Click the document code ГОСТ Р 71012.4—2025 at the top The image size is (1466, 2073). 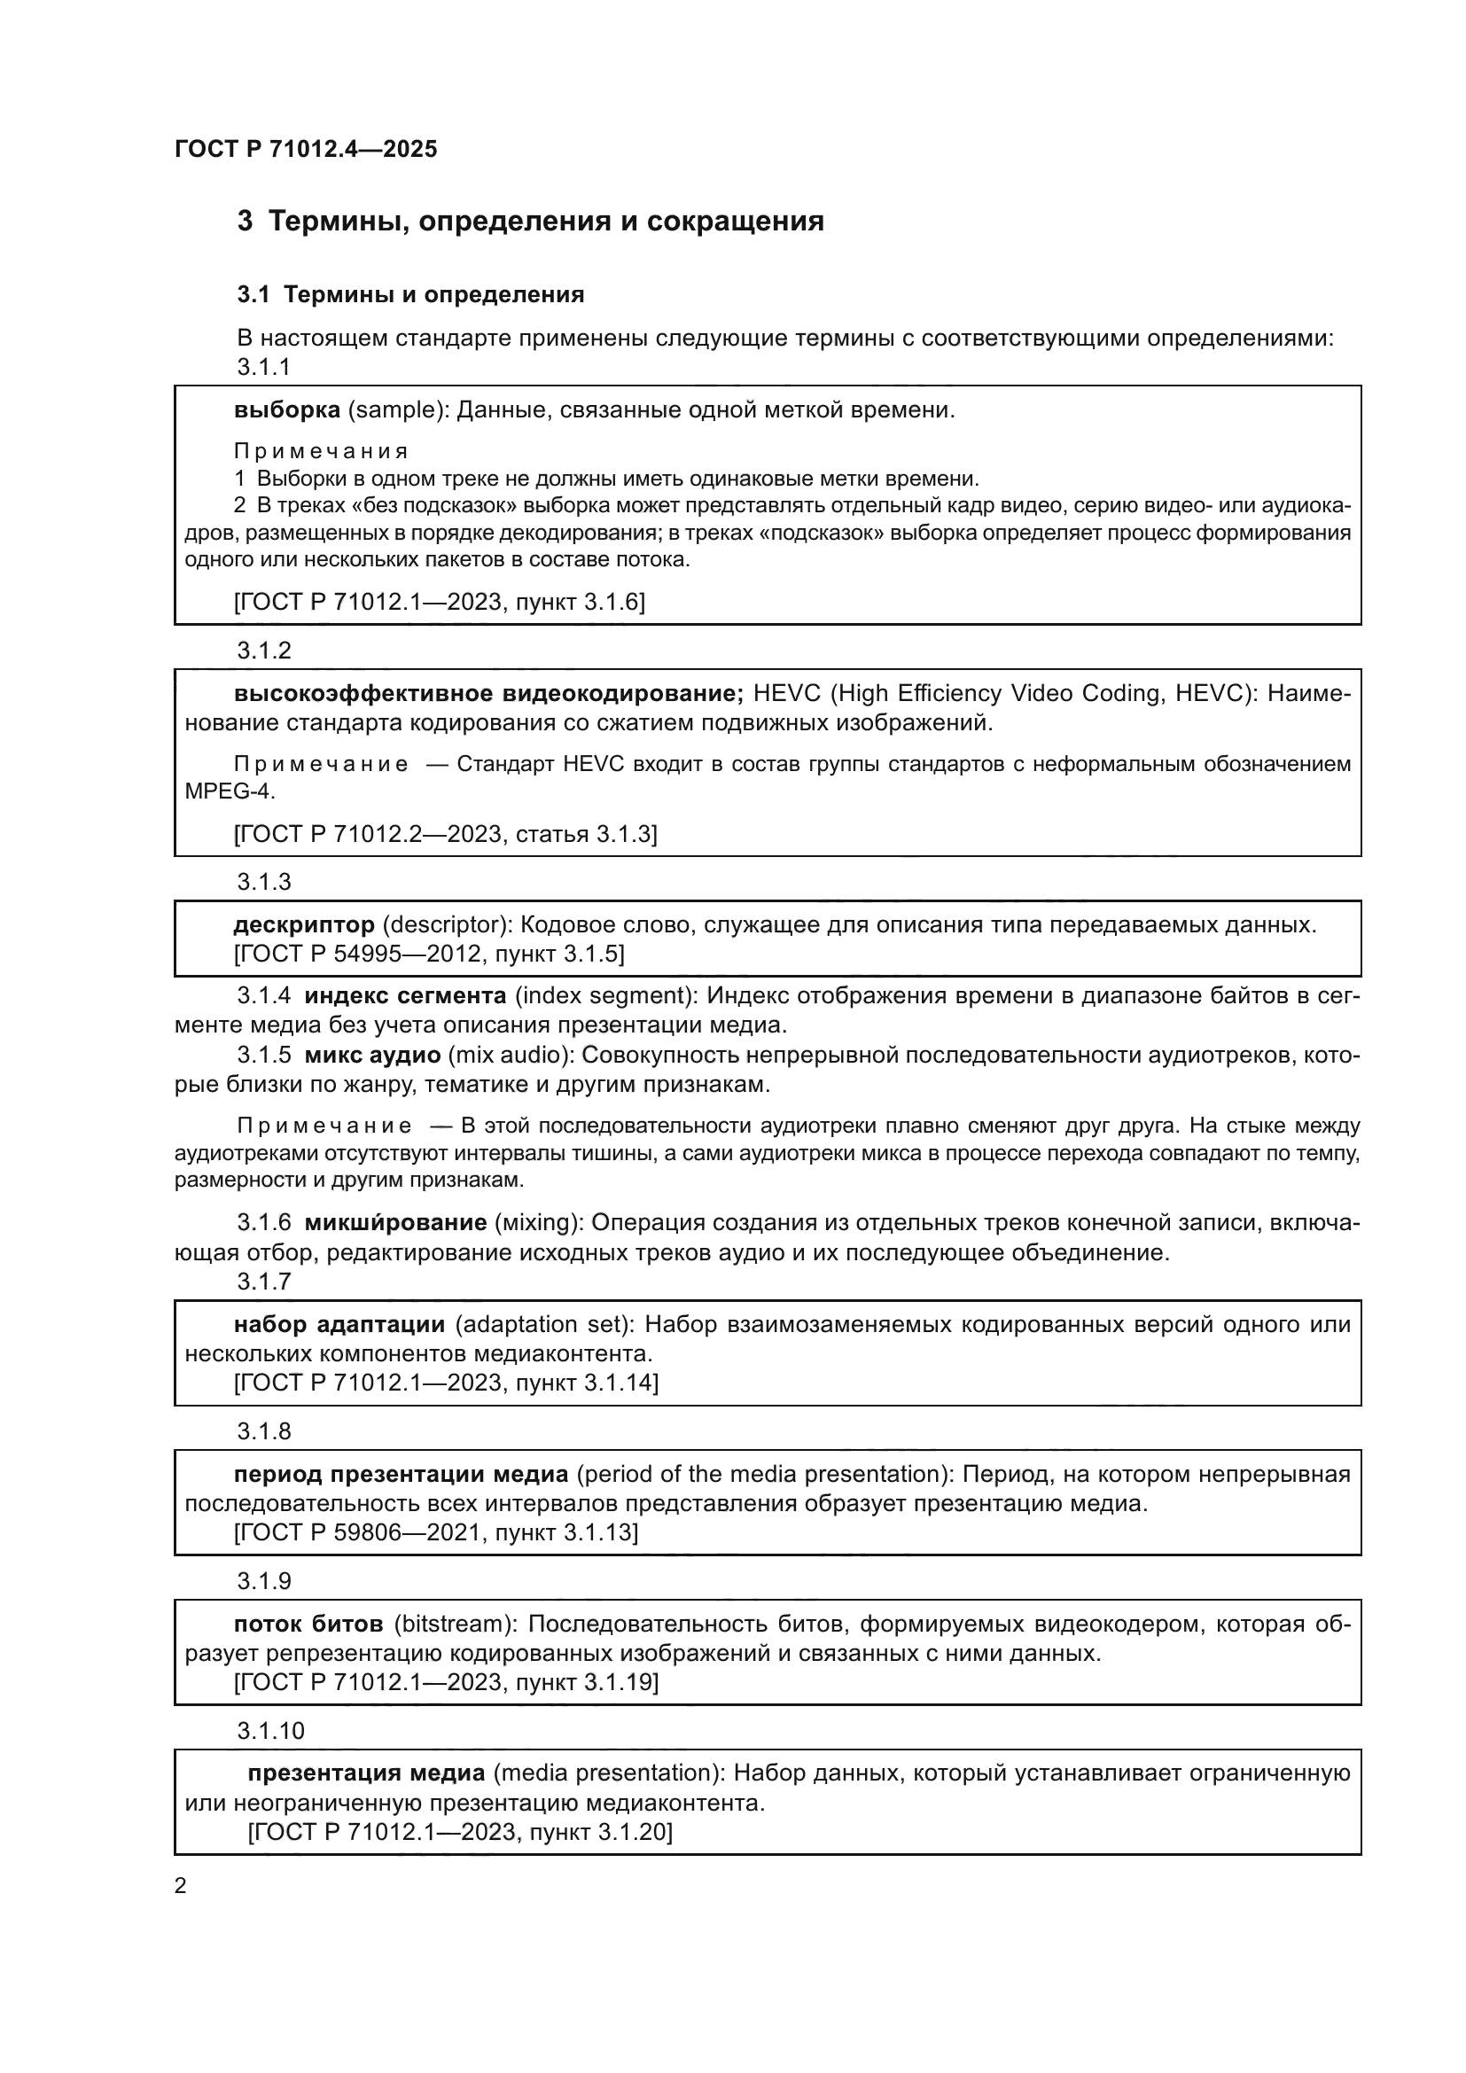[305, 149]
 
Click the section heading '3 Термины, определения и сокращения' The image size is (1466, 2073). [530, 222]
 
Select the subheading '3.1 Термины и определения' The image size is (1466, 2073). [410, 294]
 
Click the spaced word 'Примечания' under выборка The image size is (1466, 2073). [321, 450]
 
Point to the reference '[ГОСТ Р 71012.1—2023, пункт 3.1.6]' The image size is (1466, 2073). [439, 601]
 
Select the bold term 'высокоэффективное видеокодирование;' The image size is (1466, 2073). [488, 693]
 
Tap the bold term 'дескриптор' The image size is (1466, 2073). [304, 924]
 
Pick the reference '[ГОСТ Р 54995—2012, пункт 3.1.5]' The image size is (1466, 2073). [429, 954]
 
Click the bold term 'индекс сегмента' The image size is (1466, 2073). [405, 996]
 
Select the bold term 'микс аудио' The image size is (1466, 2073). [373, 1055]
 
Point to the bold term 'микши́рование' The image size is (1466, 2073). [395, 1222]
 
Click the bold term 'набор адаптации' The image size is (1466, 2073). [339, 1323]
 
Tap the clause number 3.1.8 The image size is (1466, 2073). [263, 1431]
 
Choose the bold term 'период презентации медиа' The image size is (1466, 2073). [401, 1474]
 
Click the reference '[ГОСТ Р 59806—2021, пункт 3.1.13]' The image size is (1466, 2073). [436, 1532]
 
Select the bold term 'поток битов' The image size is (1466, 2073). [308, 1624]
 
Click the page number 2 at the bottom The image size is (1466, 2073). [181, 1886]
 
